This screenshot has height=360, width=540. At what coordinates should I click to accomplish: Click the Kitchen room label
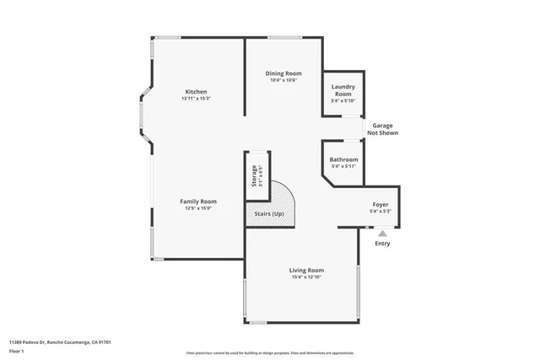pos(197,92)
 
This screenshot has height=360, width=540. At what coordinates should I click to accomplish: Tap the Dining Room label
pos(284,73)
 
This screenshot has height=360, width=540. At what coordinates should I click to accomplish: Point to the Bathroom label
pos(343,159)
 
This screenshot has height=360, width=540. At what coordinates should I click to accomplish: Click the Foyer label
pos(381,205)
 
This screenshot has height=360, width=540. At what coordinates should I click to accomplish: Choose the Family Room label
pos(198,201)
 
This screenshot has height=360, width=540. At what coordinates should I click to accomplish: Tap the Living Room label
pos(307,270)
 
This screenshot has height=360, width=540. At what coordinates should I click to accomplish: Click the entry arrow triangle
pos(382,234)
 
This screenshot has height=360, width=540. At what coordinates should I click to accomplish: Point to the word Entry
pos(382,244)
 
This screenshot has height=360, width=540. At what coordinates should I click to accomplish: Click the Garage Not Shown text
pos(382,129)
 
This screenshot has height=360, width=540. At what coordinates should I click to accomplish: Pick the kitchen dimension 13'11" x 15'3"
pos(197,99)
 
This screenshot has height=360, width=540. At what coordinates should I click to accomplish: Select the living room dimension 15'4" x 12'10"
pos(307,277)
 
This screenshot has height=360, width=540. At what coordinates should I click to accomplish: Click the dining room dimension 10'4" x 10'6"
pos(284,80)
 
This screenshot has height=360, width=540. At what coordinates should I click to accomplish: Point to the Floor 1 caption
pos(18,350)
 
